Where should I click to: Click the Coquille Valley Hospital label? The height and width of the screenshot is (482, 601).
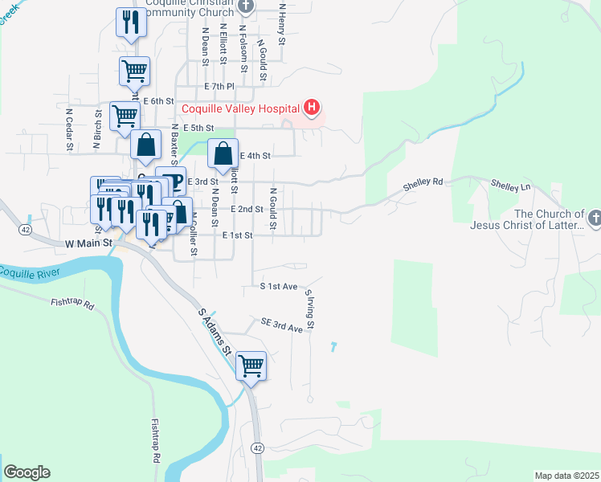[239, 109]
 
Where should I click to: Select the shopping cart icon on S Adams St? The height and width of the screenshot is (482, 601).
[251, 366]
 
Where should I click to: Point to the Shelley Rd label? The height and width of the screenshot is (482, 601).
[423, 182]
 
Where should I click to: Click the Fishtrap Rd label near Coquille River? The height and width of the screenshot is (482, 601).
[72, 304]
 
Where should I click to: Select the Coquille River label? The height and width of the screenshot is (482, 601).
[31, 272]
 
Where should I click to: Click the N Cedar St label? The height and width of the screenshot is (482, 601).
[70, 129]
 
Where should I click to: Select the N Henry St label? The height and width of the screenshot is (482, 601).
[282, 23]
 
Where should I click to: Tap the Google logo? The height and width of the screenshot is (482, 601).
[27, 472]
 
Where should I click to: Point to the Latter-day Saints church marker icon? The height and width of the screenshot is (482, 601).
[594, 218]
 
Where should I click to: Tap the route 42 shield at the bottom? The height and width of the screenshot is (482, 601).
[257, 447]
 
